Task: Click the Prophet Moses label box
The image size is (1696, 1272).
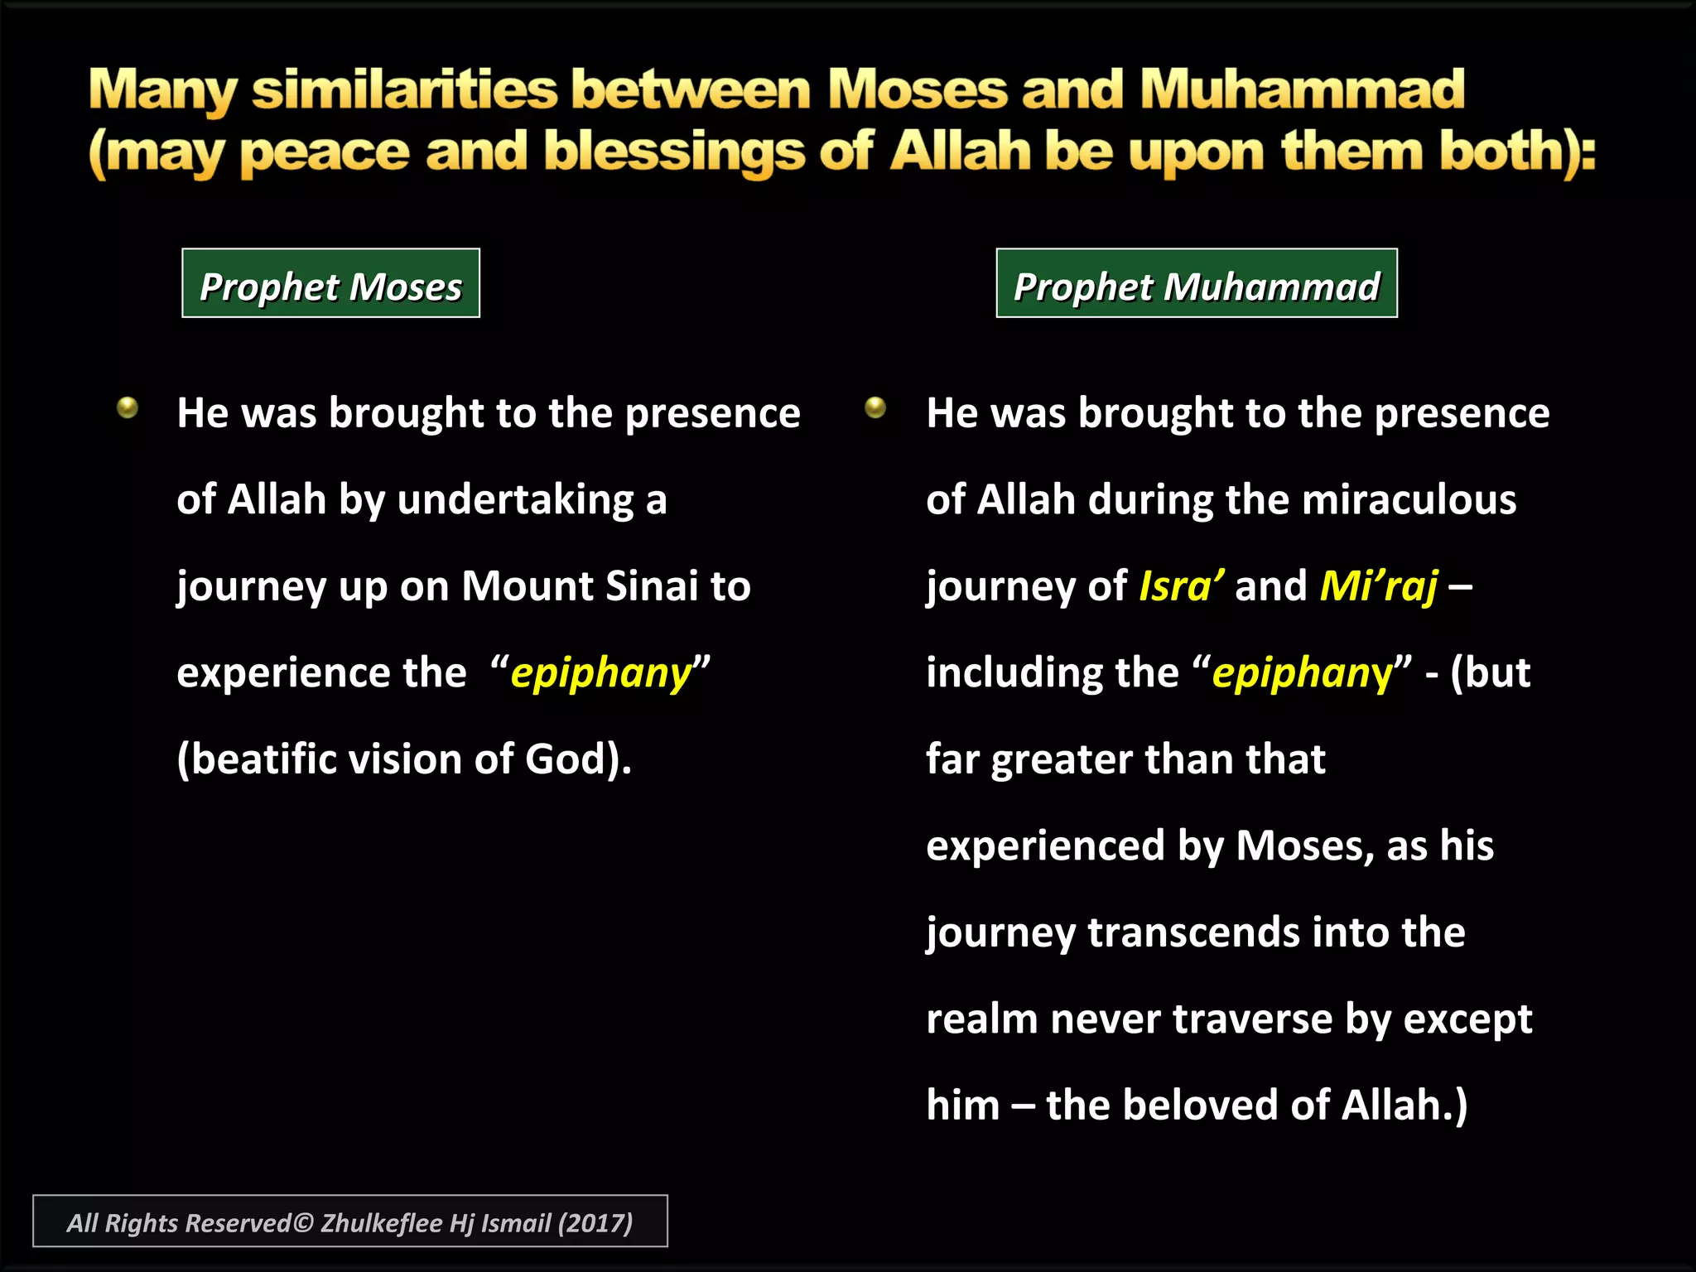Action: click(330, 283)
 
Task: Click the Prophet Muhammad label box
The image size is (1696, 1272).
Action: click(1196, 283)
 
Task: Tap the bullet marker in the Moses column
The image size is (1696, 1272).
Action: click(128, 407)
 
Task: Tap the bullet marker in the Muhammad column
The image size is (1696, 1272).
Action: click(875, 407)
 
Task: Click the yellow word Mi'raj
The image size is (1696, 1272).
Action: click(1379, 586)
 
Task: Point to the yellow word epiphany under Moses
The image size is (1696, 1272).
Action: click(600, 673)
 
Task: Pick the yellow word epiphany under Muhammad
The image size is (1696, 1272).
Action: click(1303, 673)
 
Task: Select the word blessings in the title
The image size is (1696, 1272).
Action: click(674, 152)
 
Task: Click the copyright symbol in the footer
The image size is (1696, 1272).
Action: click(303, 1223)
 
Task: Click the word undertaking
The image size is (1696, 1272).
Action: click(516, 500)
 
